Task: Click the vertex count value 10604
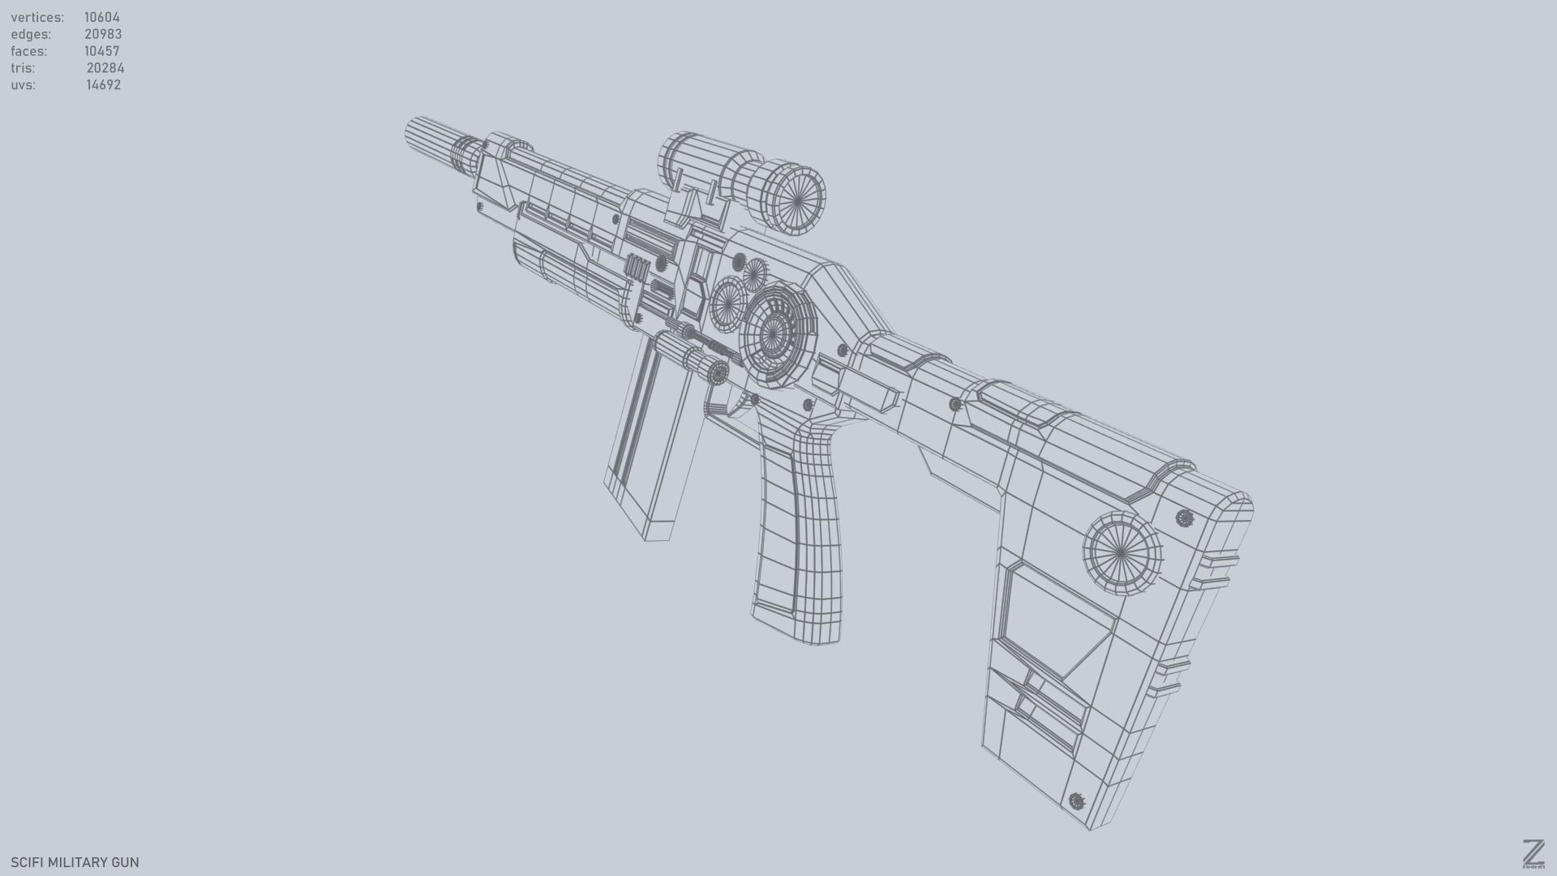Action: tap(102, 17)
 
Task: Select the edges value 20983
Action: tap(103, 34)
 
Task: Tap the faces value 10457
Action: tap(102, 51)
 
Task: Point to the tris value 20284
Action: tap(105, 68)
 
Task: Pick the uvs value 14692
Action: tap(104, 85)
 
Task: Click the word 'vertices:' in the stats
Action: tap(37, 17)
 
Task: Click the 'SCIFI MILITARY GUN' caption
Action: tap(75, 862)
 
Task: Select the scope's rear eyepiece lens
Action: tap(794, 199)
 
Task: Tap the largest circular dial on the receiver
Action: tap(774, 333)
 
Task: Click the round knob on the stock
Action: tap(1122, 552)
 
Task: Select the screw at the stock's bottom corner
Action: tap(1077, 801)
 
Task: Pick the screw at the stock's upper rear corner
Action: tap(1184, 517)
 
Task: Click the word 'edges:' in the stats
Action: tap(31, 34)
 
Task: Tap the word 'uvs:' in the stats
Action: tap(23, 85)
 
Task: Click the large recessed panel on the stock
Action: tap(1054, 616)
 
